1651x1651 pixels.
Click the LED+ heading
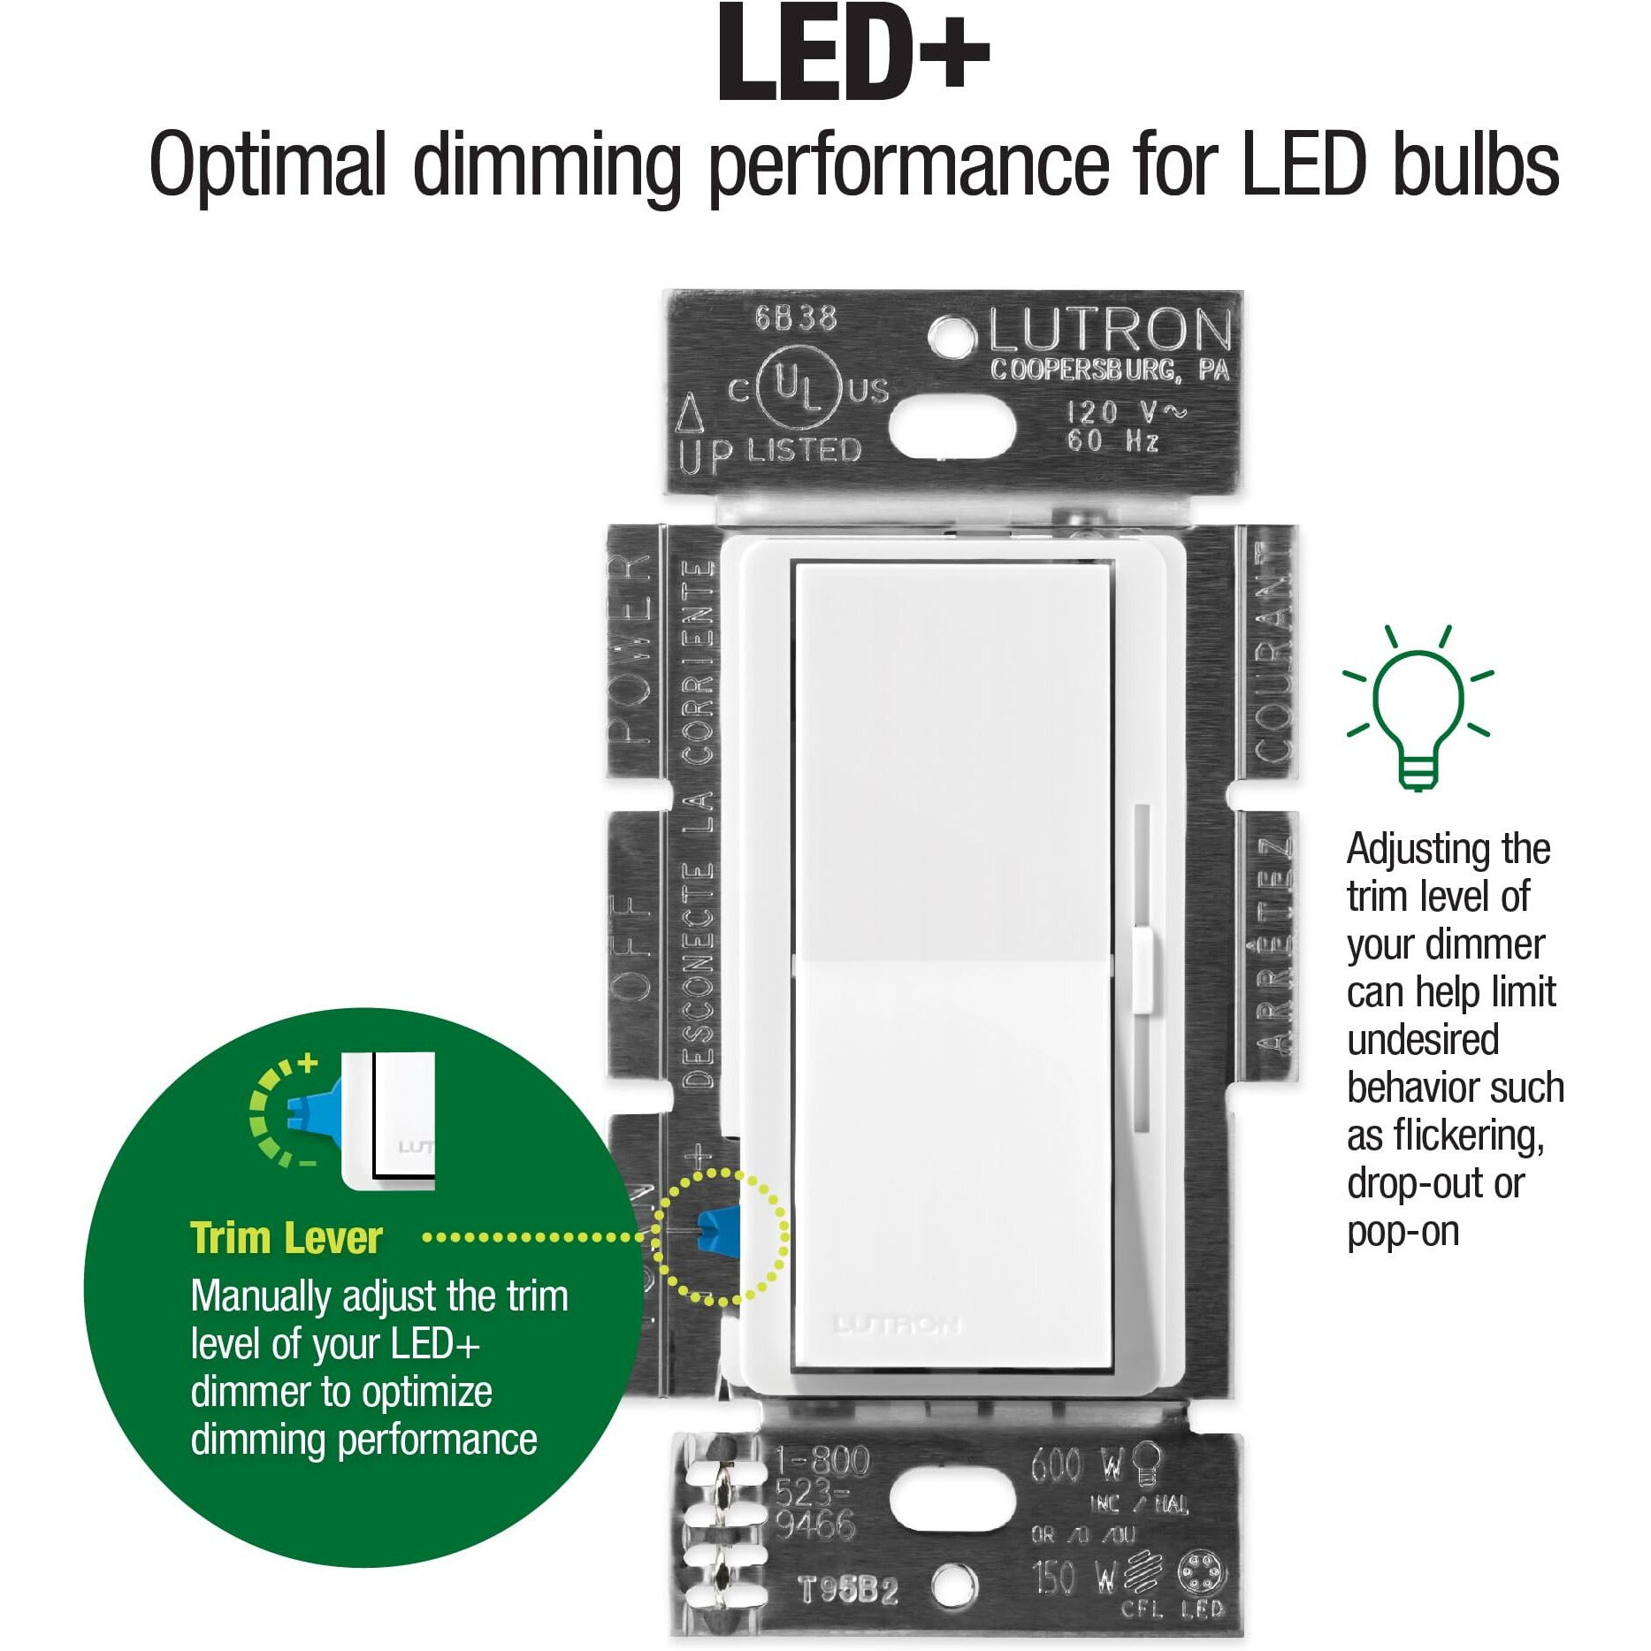point(853,55)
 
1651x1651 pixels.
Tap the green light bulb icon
point(1418,707)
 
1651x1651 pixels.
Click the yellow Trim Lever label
point(287,1238)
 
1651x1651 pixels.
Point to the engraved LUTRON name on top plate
point(1109,331)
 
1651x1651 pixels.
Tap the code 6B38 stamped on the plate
point(795,317)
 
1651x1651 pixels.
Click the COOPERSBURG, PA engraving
point(1109,370)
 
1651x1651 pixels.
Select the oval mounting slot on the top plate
point(952,426)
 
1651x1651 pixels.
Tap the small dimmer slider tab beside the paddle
point(1143,967)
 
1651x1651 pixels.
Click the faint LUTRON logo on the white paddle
point(897,1325)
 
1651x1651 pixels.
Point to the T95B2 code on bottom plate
point(848,1589)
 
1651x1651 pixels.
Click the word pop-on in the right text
point(1403,1232)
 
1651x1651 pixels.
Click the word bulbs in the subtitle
point(1476,165)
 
